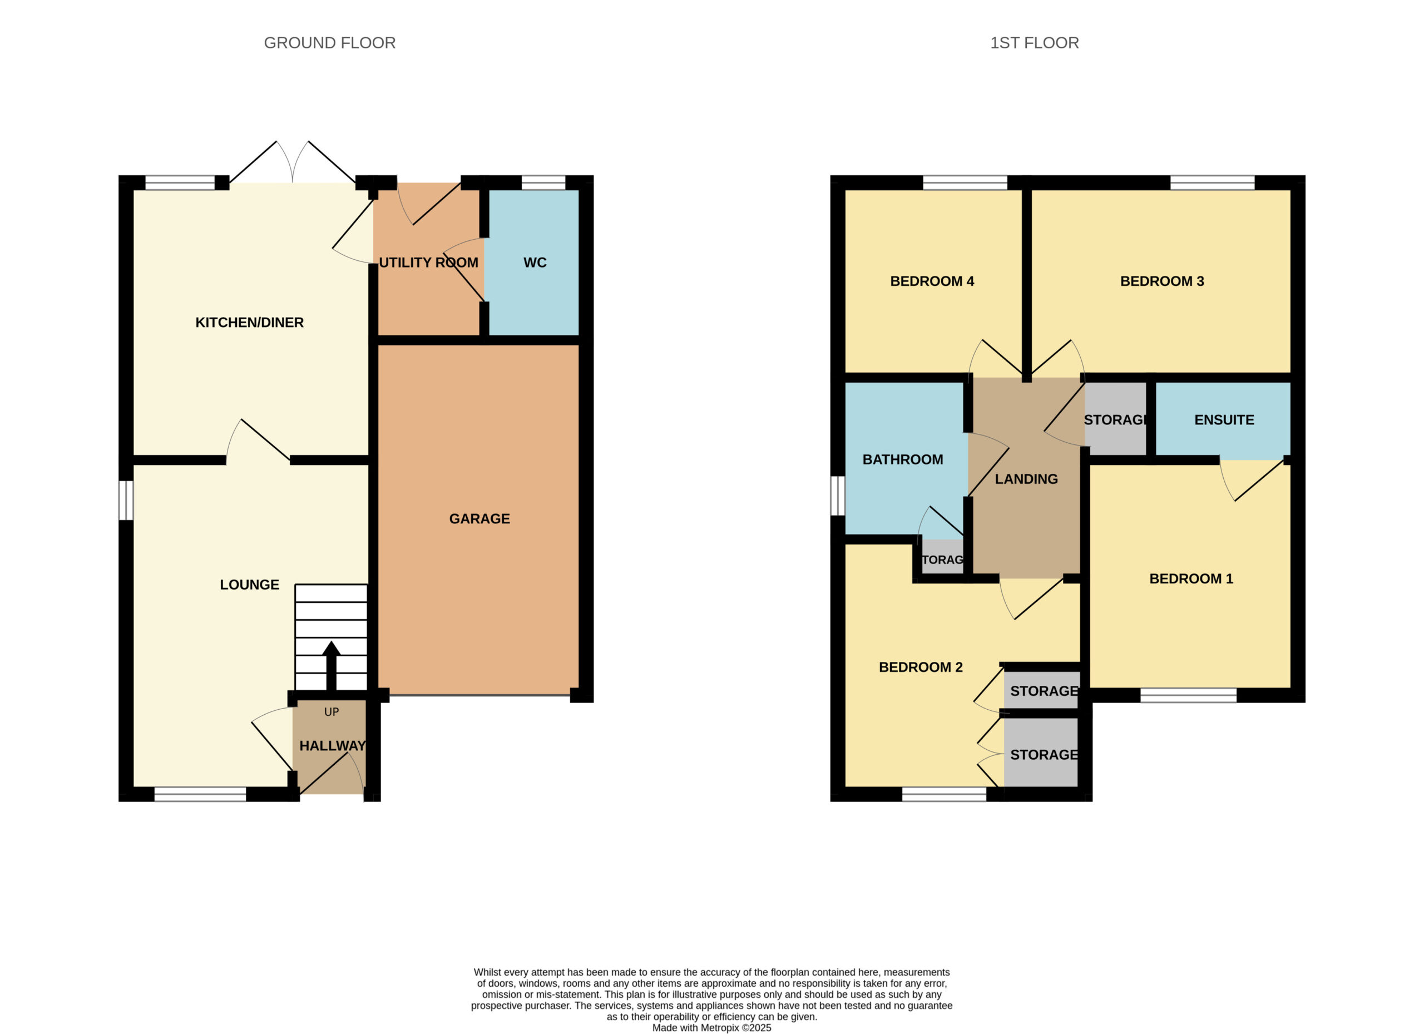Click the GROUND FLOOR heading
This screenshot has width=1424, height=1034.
pos(330,43)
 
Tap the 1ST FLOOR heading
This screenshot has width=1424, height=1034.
pos(1034,43)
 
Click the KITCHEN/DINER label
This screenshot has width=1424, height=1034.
pos(249,323)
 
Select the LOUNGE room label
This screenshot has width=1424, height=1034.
pos(249,585)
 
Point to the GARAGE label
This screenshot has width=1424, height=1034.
pos(479,519)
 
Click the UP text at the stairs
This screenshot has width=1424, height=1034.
pos(332,712)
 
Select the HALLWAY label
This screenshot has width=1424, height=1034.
pos(332,746)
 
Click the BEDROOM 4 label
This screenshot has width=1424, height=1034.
pos(932,281)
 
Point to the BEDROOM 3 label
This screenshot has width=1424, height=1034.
pos(1162,281)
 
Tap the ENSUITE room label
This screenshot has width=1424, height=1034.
pos(1224,420)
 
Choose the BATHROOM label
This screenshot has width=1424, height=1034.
pos(903,459)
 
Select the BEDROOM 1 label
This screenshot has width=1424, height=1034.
pos(1191,579)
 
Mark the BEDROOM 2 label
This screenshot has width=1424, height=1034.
pos(921,667)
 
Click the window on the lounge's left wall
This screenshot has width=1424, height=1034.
pos(126,501)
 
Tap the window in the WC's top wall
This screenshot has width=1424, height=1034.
pos(543,182)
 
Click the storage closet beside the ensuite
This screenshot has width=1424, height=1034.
pos(1116,419)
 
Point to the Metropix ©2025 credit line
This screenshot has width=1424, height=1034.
pos(711,1028)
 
